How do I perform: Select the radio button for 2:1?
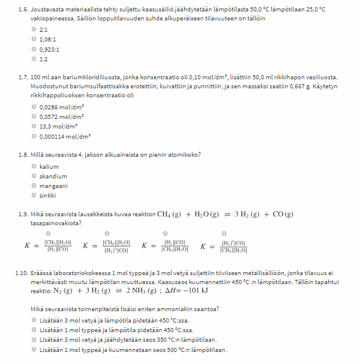(x=34, y=29)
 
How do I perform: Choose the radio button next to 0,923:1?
(x=34, y=49)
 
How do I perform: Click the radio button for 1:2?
(x=34, y=58)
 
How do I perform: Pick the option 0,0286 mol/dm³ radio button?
(x=34, y=107)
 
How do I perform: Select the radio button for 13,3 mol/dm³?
(x=34, y=126)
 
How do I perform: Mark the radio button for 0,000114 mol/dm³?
(x=34, y=136)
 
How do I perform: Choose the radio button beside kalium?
(x=34, y=166)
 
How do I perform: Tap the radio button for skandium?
(x=34, y=176)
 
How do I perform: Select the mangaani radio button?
(x=34, y=186)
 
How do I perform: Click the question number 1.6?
(x=24, y=10)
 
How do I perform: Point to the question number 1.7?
(x=24, y=77)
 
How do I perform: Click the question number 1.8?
(x=24, y=154)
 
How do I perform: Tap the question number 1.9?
(x=24, y=214)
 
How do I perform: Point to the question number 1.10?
(x=23, y=274)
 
